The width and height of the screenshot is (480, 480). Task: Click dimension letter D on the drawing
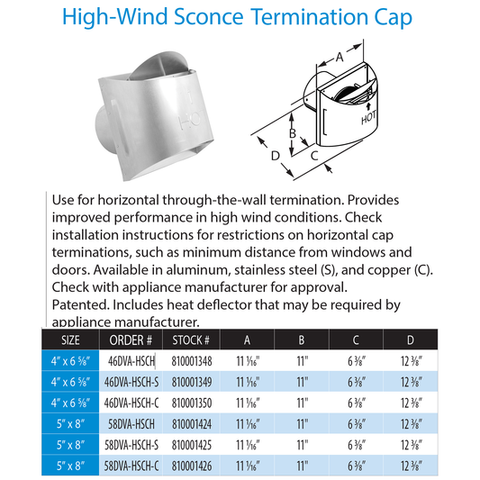(274, 158)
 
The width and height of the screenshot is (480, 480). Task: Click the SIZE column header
(68, 340)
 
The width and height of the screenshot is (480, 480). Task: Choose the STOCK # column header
(191, 340)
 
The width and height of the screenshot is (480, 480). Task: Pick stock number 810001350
(190, 402)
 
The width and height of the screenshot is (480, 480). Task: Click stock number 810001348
(190, 361)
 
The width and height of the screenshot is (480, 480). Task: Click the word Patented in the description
(75, 305)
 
